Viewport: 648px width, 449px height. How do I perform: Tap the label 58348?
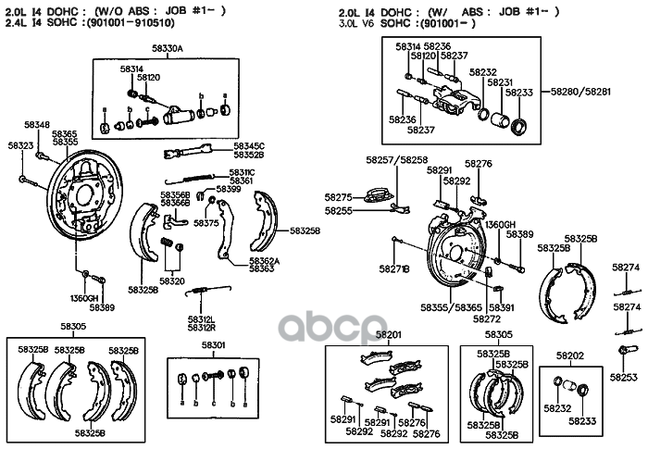pyautogui.click(x=37, y=124)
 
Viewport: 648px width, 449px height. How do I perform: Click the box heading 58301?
pyautogui.click(x=214, y=345)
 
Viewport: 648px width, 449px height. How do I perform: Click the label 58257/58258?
pyautogui.click(x=400, y=160)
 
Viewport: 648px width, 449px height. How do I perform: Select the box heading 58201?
pyautogui.click(x=389, y=334)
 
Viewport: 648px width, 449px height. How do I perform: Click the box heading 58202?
pyautogui.click(x=569, y=356)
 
